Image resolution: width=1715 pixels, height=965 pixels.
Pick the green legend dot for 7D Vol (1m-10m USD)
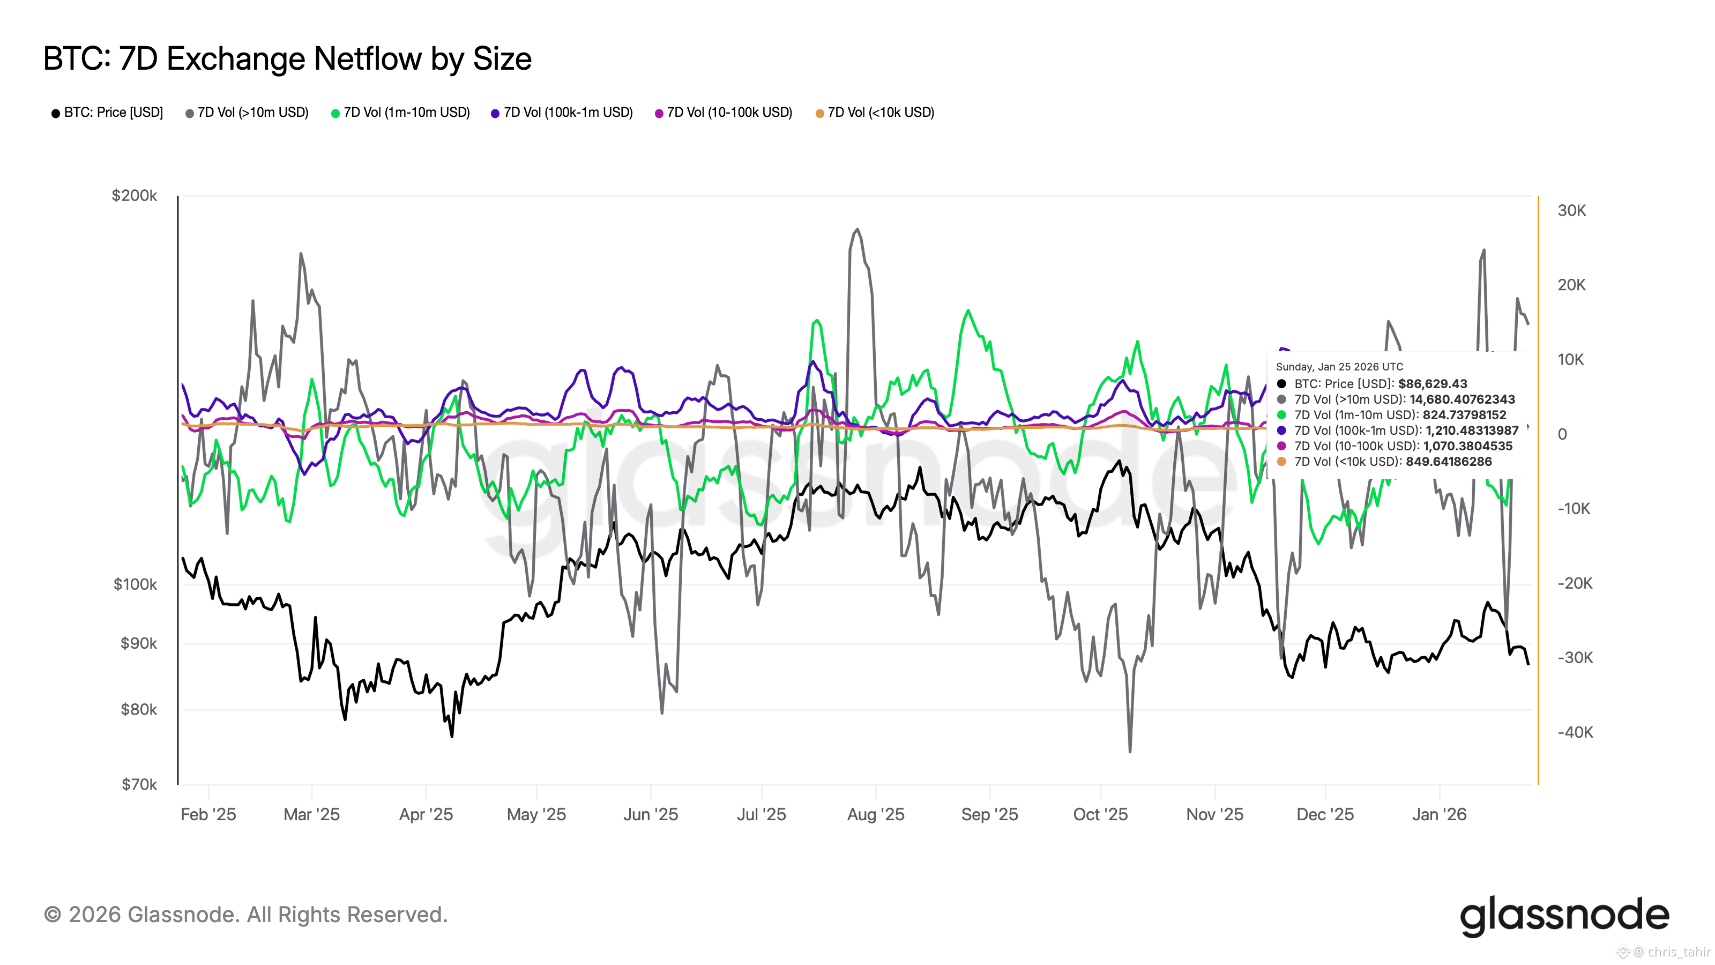click(x=335, y=113)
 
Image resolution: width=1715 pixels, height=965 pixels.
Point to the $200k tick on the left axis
click(x=135, y=195)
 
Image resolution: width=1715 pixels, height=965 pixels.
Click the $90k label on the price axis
click(x=138, y=643)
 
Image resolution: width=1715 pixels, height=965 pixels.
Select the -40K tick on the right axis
click(x=1575, y=732)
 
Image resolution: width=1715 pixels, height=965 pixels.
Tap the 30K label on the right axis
click(x=1572, y=211)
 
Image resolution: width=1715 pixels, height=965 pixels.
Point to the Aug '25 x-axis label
click(x=876, y=814)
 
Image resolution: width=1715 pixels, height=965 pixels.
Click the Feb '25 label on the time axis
click(x=208, y=814)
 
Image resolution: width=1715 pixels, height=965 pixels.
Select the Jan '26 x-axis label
click(x=1440, y=814)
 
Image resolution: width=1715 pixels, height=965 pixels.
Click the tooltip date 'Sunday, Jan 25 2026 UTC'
click(x=1339, y=367)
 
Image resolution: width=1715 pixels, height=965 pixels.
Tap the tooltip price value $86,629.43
click(x=1432, y=384)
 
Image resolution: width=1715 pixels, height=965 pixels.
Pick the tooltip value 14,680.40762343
click(x=1462, y=399)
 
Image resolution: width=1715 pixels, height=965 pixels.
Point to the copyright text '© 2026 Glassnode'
click(x=245, y=915)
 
